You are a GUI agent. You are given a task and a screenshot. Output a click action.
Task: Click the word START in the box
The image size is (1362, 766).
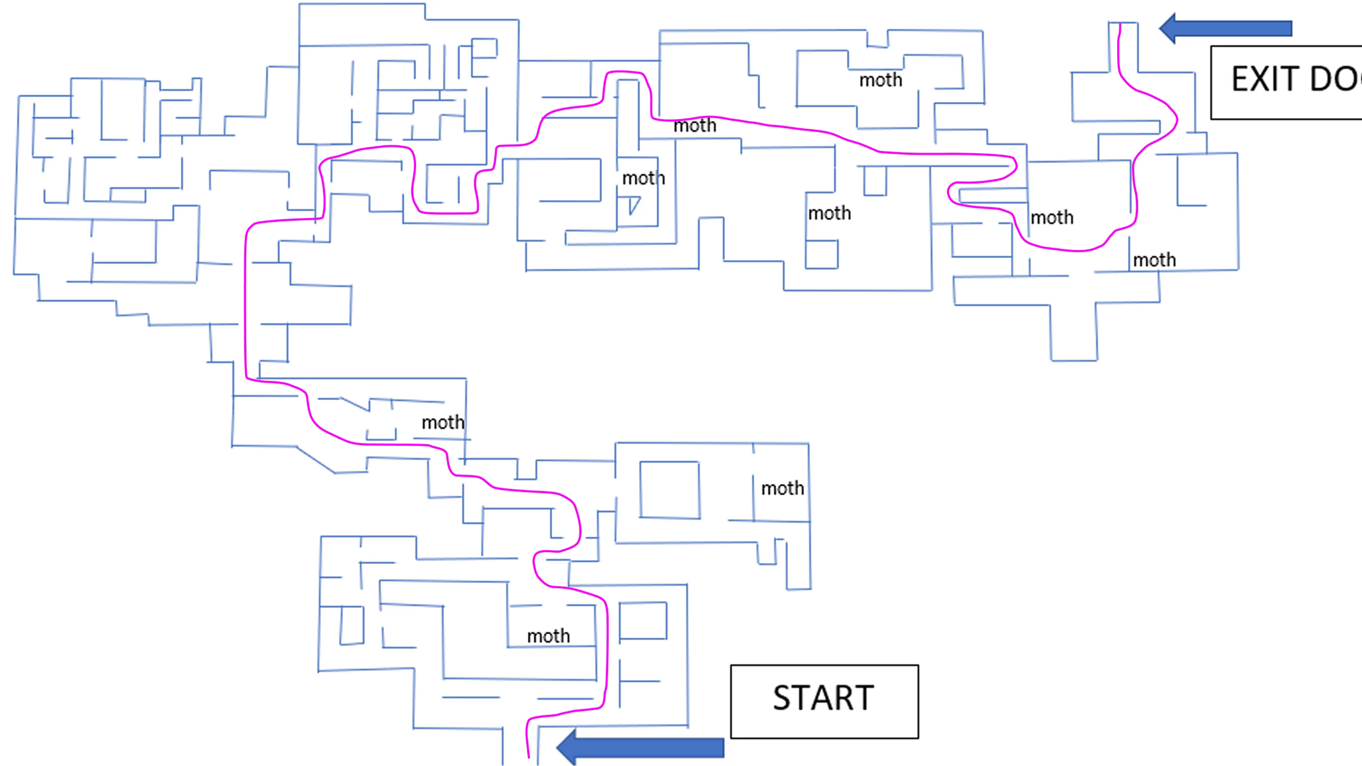pos(823,698)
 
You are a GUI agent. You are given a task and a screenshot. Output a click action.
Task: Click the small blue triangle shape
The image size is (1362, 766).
pos(633,204)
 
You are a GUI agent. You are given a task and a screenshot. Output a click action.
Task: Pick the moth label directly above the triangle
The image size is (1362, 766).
pos(643,178)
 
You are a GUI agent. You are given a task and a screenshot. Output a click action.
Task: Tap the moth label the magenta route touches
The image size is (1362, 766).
pos(694,126)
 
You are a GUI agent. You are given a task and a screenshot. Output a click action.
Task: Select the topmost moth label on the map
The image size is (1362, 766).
pos(881,80)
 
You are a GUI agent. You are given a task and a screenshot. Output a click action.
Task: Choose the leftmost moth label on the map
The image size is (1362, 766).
pos(443,423)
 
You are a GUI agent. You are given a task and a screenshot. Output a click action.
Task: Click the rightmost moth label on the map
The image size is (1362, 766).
pos(1154,260)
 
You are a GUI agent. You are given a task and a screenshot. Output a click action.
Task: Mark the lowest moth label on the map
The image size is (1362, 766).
pos(548,636)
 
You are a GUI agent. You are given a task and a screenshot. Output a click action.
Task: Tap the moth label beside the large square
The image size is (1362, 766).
pos(782,488)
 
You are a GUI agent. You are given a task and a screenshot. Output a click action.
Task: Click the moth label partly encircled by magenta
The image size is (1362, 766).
pos(1051,218)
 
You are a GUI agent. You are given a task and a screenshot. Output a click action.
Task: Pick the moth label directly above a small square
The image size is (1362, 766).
pos(829,213)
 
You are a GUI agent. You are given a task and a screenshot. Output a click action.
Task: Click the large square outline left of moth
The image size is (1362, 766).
pos(669,489)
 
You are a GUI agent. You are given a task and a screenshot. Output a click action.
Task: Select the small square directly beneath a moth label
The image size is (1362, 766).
pos(821,254)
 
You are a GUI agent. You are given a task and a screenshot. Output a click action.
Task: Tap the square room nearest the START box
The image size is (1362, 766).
pos(643,620)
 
